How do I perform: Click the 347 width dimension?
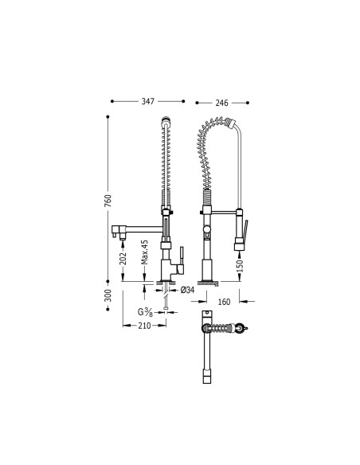click(148, 102)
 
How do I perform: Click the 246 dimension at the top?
click(221, 102)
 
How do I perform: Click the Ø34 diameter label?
click(188, 290)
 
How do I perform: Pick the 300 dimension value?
click(109, 296)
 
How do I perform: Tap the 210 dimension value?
click(145, 325)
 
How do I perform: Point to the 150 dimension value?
click(239, 268)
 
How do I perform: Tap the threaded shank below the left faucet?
click(165, 299)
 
